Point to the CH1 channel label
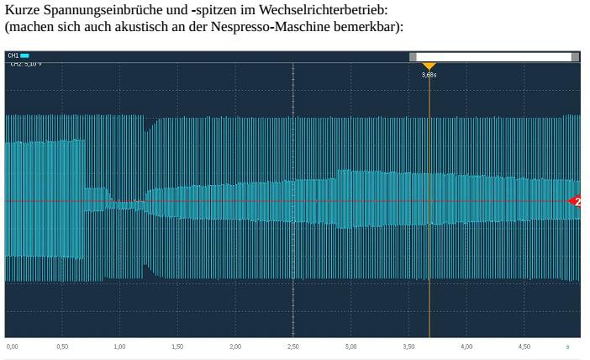(x=13, y=56)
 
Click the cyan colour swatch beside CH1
(x=25, y=56)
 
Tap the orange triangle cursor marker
(x=429, y=66)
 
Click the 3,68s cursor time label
(x=429, y=75)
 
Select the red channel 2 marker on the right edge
(x=576, y=201)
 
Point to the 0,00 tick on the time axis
(x=11, y=346)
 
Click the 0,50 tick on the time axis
(x=62, y=346)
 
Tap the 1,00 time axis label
(x=119, y=346)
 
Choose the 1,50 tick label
(x=177, y=346)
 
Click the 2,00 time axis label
(x=235, y=346)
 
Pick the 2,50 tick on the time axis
(x=292, y=346)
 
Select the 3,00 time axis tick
(x=350, y=346)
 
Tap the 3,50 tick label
(x=408, y=346)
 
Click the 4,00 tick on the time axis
(x=466, y=346)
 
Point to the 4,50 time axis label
(x=524, y=346)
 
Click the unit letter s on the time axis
(x=567, y=346)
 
